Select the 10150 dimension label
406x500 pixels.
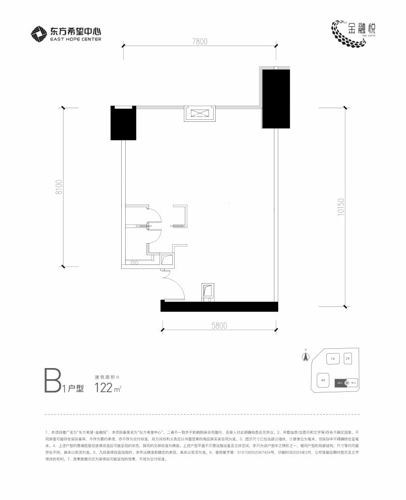coord(341,207)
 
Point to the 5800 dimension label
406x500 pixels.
coord(219,326)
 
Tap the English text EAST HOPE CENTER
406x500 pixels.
coord(76,39)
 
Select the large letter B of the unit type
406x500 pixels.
coord(53,381)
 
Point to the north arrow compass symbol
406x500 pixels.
coord(305,356)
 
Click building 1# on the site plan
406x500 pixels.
coord(332,359)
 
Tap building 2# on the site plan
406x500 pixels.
coord(347,359)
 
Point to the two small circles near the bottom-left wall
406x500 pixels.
coord(134,263)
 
